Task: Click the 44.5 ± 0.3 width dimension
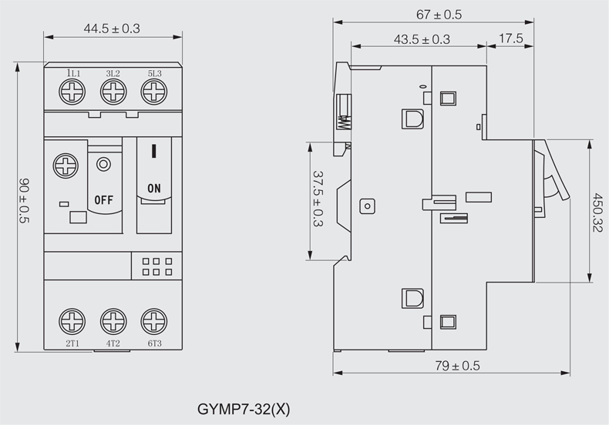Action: [x=112, y=29]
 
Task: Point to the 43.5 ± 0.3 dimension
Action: [x=422, y=39]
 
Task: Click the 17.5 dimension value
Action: [x=511, y=39]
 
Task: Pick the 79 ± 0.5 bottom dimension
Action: [x=456, y=366]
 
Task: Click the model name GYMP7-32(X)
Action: [x=244, y=407]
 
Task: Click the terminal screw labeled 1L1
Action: [x=73, y=93]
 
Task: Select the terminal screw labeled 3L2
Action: [x=113, y=93]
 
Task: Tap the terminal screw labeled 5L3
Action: [x=153, y=93]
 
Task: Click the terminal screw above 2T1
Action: [x=73, y=320]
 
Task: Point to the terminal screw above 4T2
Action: [x=113, y=320]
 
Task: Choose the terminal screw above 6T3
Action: [x=153, y=320]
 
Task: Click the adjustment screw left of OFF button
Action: [x=65, y=165]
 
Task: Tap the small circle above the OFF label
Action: [x=103, y=163]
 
